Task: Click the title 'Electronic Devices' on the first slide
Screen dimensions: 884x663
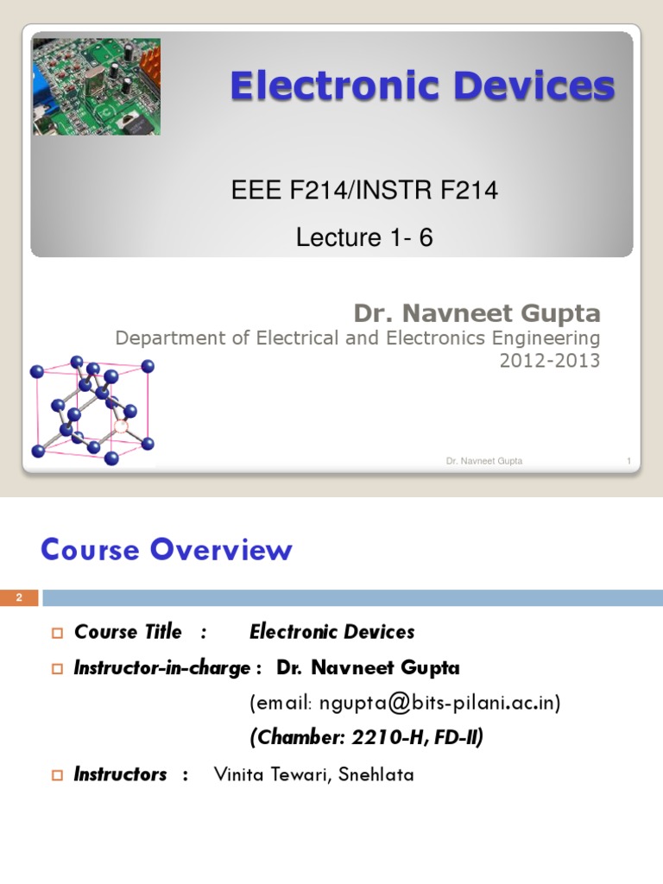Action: coord(422,86)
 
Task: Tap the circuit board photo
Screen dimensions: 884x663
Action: coord(97,86)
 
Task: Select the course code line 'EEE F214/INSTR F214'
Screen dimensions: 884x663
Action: coord(364,191)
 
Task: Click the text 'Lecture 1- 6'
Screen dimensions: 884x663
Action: coord(364,237)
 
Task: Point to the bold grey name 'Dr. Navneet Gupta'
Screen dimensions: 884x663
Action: coord(477,313)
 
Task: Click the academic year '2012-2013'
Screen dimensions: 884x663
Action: coord(549,361)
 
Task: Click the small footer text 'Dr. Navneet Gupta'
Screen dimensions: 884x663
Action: coord(483,461)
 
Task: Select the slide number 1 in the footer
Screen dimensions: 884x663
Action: coord(628,461)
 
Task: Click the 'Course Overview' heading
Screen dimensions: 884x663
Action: coord(167,550)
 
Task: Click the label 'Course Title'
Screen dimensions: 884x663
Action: coord(128,632)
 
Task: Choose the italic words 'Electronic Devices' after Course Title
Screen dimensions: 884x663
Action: coord(331,632)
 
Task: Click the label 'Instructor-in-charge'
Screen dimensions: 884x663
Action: coord(162,667)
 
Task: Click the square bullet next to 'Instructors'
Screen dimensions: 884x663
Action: coord(59,775)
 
